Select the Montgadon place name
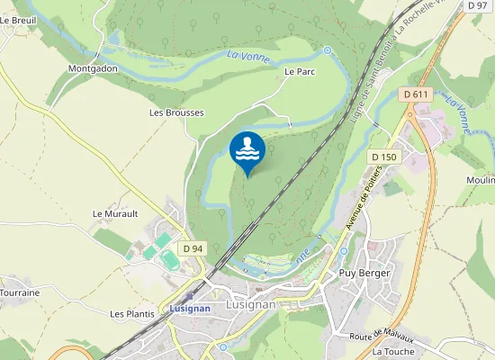[x=93, y=68]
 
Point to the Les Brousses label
[x=176, y=113]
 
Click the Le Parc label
[x=298, y=71]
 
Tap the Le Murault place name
[x=115, y=214]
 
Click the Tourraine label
[x=19, y=293]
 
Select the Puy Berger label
[x=361, y=272]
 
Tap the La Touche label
[x=391, y=351]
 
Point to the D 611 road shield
[x=415, y=94]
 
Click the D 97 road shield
[x=477, y=5]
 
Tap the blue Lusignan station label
[x=189, y=308]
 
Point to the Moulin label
[x=481, y=181]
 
